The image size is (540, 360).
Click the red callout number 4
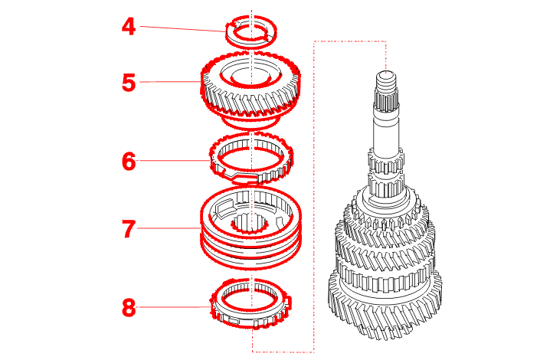pyautogui.click(x=129, y=27)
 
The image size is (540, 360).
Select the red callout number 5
pyautogui.click(x=129, y=83)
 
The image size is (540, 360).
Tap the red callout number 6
pyautogui.click(x=129, y=161)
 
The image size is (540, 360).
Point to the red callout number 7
pyautogui.click(x=129, y=229)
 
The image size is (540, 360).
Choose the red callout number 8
pyautogui.click(x=129, y=308)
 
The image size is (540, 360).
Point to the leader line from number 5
pyautogui.click(x=170, y=82)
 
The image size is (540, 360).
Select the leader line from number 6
pyautogui.click(x=175, y=161)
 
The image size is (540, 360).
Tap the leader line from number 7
pyautogui.click(x=169, y=228)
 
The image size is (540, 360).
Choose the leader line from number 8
pyautogui.click(x=175, y=307)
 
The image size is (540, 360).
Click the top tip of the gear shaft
pyautogui.click(x=386, y=72)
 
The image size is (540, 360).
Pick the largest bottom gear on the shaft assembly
pyautogui.click(x=385, y=310)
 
